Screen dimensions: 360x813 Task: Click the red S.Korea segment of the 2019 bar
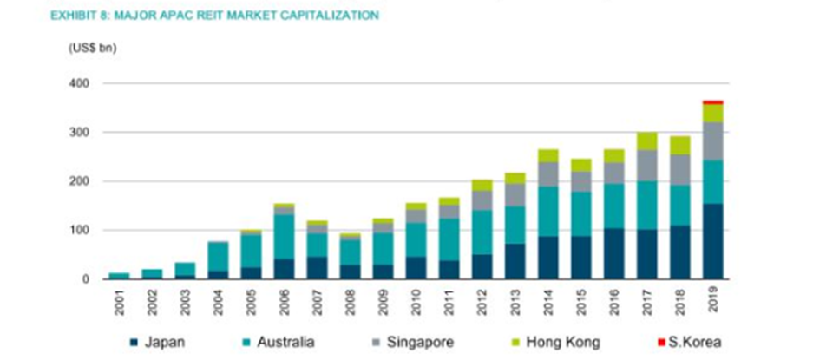point(713,102)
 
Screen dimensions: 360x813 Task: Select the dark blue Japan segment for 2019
point(713,241)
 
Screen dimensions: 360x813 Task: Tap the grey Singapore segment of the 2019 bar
point(713,141)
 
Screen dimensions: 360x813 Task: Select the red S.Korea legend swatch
point(665,341)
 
